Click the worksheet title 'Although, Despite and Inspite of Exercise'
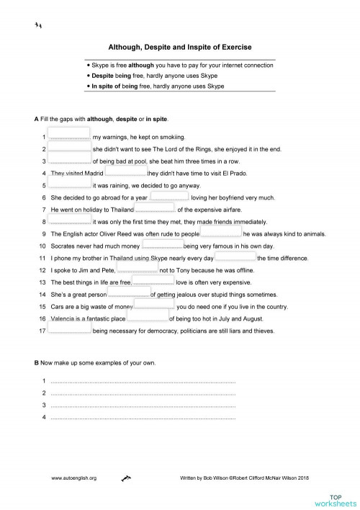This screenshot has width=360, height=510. click(x=179, y=47)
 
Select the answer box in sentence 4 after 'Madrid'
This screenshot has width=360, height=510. click(x=126, y=172)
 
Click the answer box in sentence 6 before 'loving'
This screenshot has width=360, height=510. click(x=170, y=197)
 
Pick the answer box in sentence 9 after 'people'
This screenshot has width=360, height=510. click(x=221, y=233)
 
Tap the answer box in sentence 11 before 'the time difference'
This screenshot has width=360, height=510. click(x=235, y=257)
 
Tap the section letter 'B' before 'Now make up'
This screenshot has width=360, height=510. click(x=36, y=362)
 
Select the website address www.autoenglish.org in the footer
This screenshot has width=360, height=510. click(x=74, y=478)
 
